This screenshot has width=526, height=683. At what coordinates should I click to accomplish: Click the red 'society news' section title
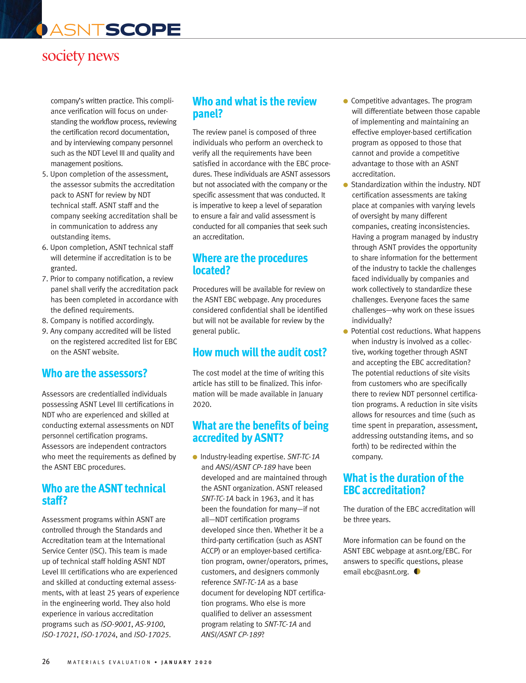[80, 56]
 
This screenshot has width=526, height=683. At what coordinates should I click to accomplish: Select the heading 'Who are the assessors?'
[95, 373]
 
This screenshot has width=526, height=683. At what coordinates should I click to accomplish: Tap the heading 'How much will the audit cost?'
[259, 352]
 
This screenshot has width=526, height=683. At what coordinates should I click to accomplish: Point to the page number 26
[46, 661]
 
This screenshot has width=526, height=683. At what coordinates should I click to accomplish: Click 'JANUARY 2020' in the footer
[187, 662]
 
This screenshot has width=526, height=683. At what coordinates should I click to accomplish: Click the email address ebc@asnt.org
[385, 572]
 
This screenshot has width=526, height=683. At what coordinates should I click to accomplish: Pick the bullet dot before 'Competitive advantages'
[345, 101]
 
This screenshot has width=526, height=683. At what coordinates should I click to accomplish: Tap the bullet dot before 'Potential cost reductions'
[345, 331]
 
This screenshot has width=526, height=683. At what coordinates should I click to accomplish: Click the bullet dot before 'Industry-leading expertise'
[195, 457]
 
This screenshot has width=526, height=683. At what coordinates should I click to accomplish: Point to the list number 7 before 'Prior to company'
[45, 279]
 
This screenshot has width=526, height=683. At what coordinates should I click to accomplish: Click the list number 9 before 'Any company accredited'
[45, 331]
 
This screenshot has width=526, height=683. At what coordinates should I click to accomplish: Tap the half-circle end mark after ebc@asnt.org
[417, 571]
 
